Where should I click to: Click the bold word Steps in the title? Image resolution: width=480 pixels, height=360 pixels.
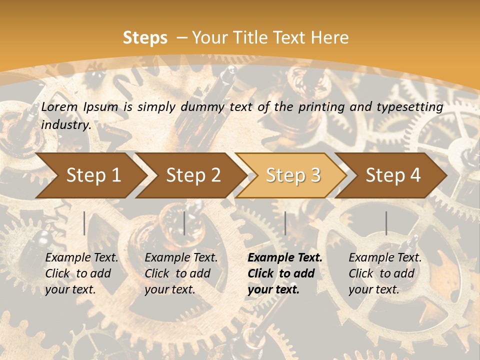click(145, 38)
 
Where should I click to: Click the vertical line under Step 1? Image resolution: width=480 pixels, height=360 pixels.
click(84, 223)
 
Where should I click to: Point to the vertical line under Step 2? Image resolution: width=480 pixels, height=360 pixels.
click(184, 223)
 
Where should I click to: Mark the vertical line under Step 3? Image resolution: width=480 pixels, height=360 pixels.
click(285, 223)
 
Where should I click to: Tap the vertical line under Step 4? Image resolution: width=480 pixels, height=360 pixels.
click(386, 223)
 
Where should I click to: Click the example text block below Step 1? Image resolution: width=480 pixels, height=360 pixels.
click(81, 273)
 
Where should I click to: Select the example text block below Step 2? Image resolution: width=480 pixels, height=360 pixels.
click(181, 273)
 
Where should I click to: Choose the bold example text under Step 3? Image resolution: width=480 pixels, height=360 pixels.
click(285, 273)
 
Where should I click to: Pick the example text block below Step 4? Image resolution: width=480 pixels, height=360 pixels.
click(385, 273)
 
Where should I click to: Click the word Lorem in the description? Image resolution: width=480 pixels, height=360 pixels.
click(59, 106)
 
